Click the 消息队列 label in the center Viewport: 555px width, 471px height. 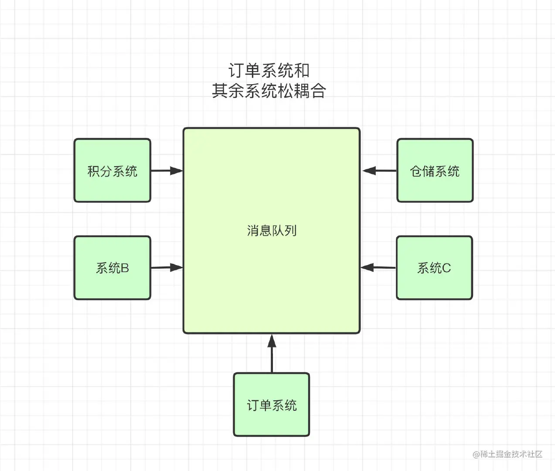point(272,230)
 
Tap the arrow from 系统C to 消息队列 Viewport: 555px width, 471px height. point(378,267)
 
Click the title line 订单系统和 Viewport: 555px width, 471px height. point(269,71)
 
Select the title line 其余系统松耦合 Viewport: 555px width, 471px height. point(269,91)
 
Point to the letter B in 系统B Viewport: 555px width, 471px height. point(125,268)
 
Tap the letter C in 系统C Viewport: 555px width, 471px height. point(446,268)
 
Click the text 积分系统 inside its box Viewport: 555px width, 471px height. point(112,171)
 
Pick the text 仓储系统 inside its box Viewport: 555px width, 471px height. point(435,171)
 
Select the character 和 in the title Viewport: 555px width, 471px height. point(301,71)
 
